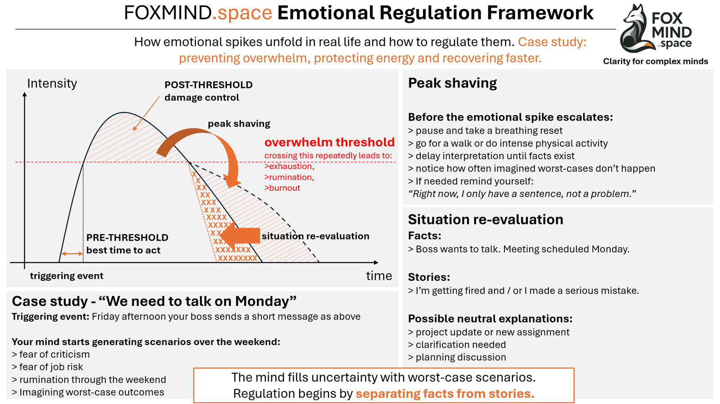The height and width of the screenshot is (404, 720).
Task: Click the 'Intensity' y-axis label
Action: (52, 83)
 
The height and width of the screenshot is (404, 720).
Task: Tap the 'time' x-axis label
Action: (379, 276)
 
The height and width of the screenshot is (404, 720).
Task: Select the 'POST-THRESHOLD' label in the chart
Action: (208, 85)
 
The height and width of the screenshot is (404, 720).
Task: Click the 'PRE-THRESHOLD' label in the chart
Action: (127, 238)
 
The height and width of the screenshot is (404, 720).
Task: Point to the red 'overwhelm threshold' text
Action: (329, 142)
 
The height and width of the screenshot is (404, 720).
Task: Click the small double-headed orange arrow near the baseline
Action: (72, 254)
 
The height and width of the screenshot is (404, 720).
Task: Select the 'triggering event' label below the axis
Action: (67, 276)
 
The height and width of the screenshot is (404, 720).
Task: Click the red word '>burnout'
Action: (282, 188)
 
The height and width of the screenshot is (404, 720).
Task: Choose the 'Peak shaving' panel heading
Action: (452, 83)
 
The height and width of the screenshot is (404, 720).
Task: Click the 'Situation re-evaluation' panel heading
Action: (486, 219)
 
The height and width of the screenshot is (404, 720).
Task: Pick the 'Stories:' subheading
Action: (429, 277)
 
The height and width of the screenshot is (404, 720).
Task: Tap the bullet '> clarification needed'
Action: (457, 345)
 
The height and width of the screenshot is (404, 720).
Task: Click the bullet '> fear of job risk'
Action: (47, 367)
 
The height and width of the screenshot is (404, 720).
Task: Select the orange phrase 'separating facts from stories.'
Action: (445, 394)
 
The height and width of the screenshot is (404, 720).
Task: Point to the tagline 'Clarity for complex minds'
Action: (655, 61)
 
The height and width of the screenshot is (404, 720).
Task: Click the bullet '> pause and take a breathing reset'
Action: (485, 130)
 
